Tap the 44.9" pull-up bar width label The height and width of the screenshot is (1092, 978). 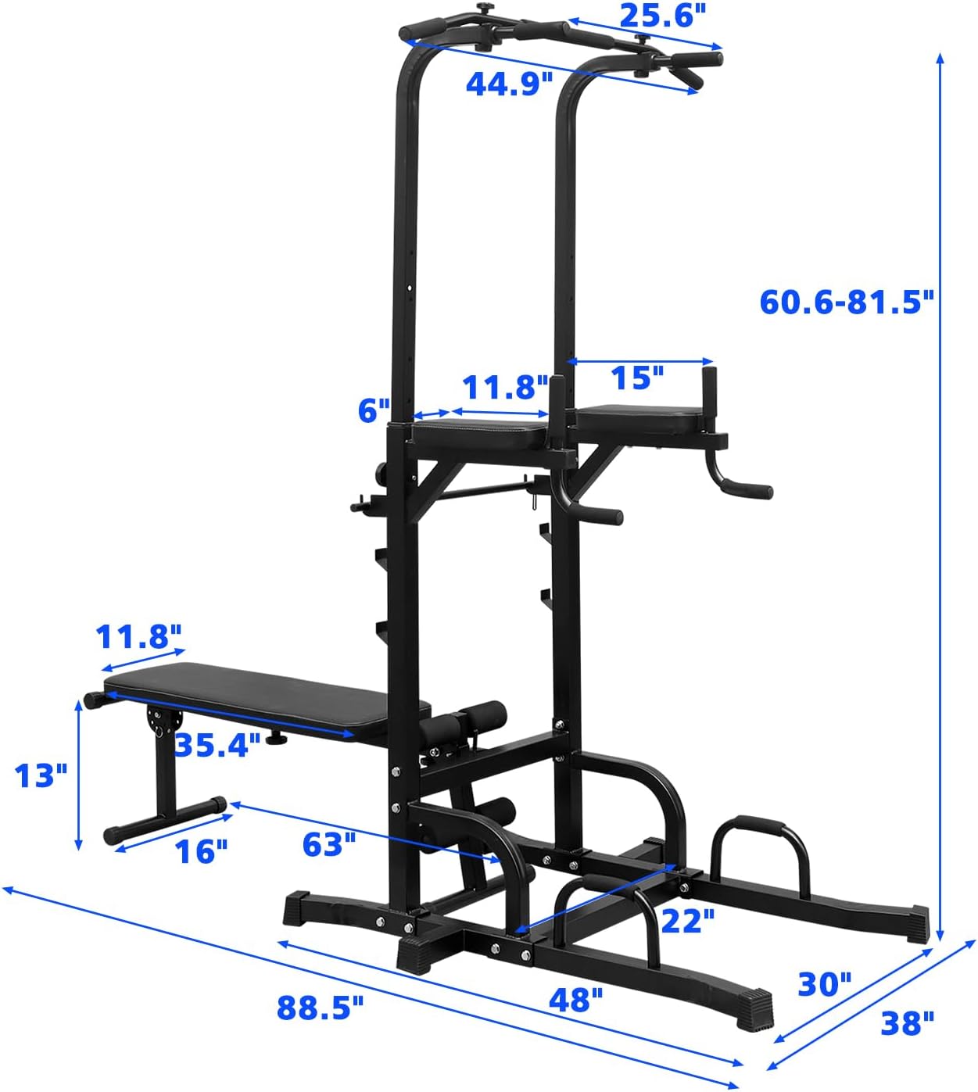(509, 83)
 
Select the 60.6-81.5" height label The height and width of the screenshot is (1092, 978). (847, 302)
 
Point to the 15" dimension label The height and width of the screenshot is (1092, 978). (636, 378)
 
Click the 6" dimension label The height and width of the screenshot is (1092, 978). (374, 410)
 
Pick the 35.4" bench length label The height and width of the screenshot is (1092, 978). (217, 745)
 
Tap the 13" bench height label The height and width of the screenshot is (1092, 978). (41, 775)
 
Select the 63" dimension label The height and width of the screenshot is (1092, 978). (329, 844)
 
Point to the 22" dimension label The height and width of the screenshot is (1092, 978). (687, 921)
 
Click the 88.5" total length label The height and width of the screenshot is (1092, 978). (321, 1008)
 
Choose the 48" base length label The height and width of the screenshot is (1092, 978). (575, 1000)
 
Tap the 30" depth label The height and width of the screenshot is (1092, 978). (824, 984)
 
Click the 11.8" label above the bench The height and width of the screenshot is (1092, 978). (138, 637)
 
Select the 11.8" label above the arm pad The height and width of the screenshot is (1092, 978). (505, 387)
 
